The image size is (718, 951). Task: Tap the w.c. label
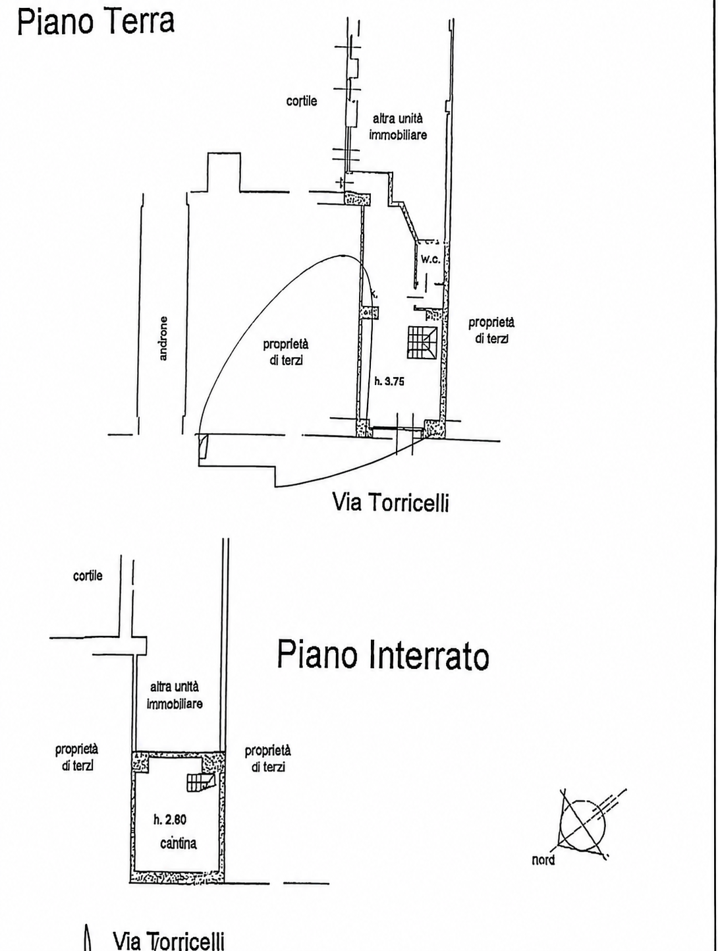tap(430, 259)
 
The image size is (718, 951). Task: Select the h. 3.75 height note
tap(389, 382)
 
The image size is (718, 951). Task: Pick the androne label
tap(163, 338)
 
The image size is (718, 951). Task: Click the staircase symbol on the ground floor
tap(422, 342)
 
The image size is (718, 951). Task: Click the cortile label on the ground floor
tap(302, 101)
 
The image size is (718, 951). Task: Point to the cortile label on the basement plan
tap(88, 575)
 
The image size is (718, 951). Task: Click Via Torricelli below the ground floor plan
tap(391, 503)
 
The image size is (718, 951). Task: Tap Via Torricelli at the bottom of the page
tap(169, 939)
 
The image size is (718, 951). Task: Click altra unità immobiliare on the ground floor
tap(398, 127)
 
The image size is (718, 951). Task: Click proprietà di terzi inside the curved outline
tap(286, 352)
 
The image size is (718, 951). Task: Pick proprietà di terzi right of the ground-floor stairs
tap(491, 330)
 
